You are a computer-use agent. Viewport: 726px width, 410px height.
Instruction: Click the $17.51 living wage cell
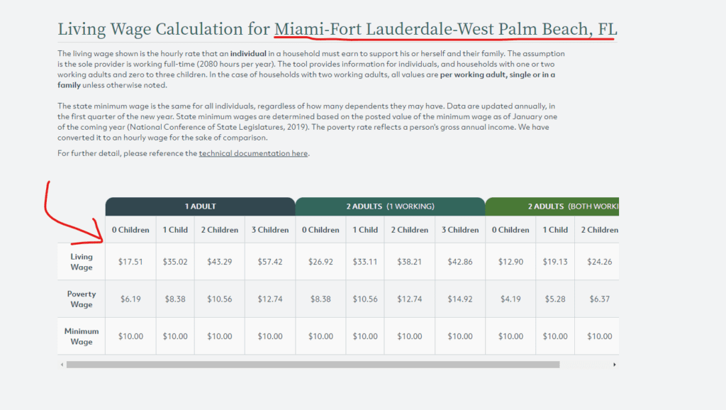(130, 262)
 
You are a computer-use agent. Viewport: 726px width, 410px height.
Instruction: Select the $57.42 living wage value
(269, 262)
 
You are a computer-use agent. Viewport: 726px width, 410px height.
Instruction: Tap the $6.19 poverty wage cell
(130, 299)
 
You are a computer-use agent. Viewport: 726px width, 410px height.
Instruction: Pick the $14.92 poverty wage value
(460, 299)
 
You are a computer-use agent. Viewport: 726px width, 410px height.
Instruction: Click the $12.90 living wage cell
(510, 262)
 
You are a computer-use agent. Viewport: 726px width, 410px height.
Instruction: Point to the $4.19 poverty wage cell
(510, 299)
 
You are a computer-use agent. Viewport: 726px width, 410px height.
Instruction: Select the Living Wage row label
(82, 262)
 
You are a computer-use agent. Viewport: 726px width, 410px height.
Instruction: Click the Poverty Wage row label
(82, 299)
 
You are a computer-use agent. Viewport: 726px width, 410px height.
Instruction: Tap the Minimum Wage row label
(82, 336)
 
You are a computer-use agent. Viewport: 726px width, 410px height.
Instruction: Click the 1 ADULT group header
(200, 206)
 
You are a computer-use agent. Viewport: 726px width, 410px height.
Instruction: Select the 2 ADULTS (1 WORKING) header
(390, 206)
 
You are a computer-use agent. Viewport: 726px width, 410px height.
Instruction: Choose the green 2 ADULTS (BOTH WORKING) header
(552, 206)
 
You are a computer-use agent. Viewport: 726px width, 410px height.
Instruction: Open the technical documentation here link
(253, 153)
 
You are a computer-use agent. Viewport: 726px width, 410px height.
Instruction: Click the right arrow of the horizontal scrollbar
(614, 365)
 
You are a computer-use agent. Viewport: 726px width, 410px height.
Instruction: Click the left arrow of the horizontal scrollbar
(62, 365)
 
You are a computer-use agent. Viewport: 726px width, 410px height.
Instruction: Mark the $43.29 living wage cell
(220, 262)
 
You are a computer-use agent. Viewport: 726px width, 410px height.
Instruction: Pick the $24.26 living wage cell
(599, 262)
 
